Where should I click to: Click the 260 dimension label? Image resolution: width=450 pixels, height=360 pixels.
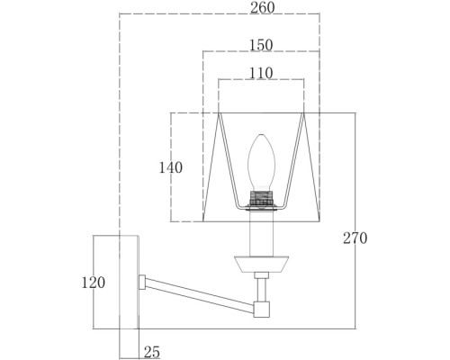(263, 8)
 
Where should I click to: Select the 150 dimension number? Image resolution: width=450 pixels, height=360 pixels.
(261, 45)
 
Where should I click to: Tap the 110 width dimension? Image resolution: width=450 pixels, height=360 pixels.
(261, 73)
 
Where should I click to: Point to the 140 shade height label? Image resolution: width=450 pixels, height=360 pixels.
(170, 167)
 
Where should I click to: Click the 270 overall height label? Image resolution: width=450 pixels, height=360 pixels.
(355, 238)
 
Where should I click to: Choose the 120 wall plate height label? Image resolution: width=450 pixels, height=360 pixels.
(94, 283)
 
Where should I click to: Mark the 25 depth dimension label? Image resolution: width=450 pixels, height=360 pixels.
(152, 352)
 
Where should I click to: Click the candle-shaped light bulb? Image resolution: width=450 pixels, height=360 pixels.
(261, 162)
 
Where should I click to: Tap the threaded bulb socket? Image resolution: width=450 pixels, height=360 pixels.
(261, 198)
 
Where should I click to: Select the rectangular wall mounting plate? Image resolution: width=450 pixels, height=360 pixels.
(129, 282)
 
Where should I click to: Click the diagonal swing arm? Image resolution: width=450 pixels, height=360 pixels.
(200, 295)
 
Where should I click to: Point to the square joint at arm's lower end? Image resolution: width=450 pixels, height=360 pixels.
(261, 310)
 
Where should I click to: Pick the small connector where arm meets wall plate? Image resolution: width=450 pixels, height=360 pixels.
(142, 282)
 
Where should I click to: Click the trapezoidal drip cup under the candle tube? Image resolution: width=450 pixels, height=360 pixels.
(261, 265)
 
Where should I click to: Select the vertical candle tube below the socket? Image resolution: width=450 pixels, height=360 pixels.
(261, 233)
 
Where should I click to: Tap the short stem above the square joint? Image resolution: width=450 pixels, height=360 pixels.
(261, 290)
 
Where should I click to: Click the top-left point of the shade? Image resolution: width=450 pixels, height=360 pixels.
(219, 113)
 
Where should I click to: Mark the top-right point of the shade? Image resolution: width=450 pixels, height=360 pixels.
(303, 113)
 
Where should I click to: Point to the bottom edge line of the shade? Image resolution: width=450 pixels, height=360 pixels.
(261, 221)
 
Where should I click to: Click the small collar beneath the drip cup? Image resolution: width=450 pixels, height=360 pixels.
(261, 275)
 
